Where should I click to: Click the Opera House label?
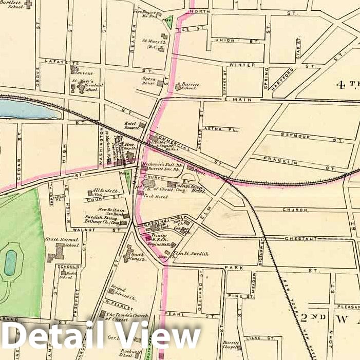point(149,80)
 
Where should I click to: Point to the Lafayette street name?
point(56,62)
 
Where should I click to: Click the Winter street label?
point(242,65)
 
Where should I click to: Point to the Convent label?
point(83,73)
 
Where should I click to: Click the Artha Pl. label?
point(215,128)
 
